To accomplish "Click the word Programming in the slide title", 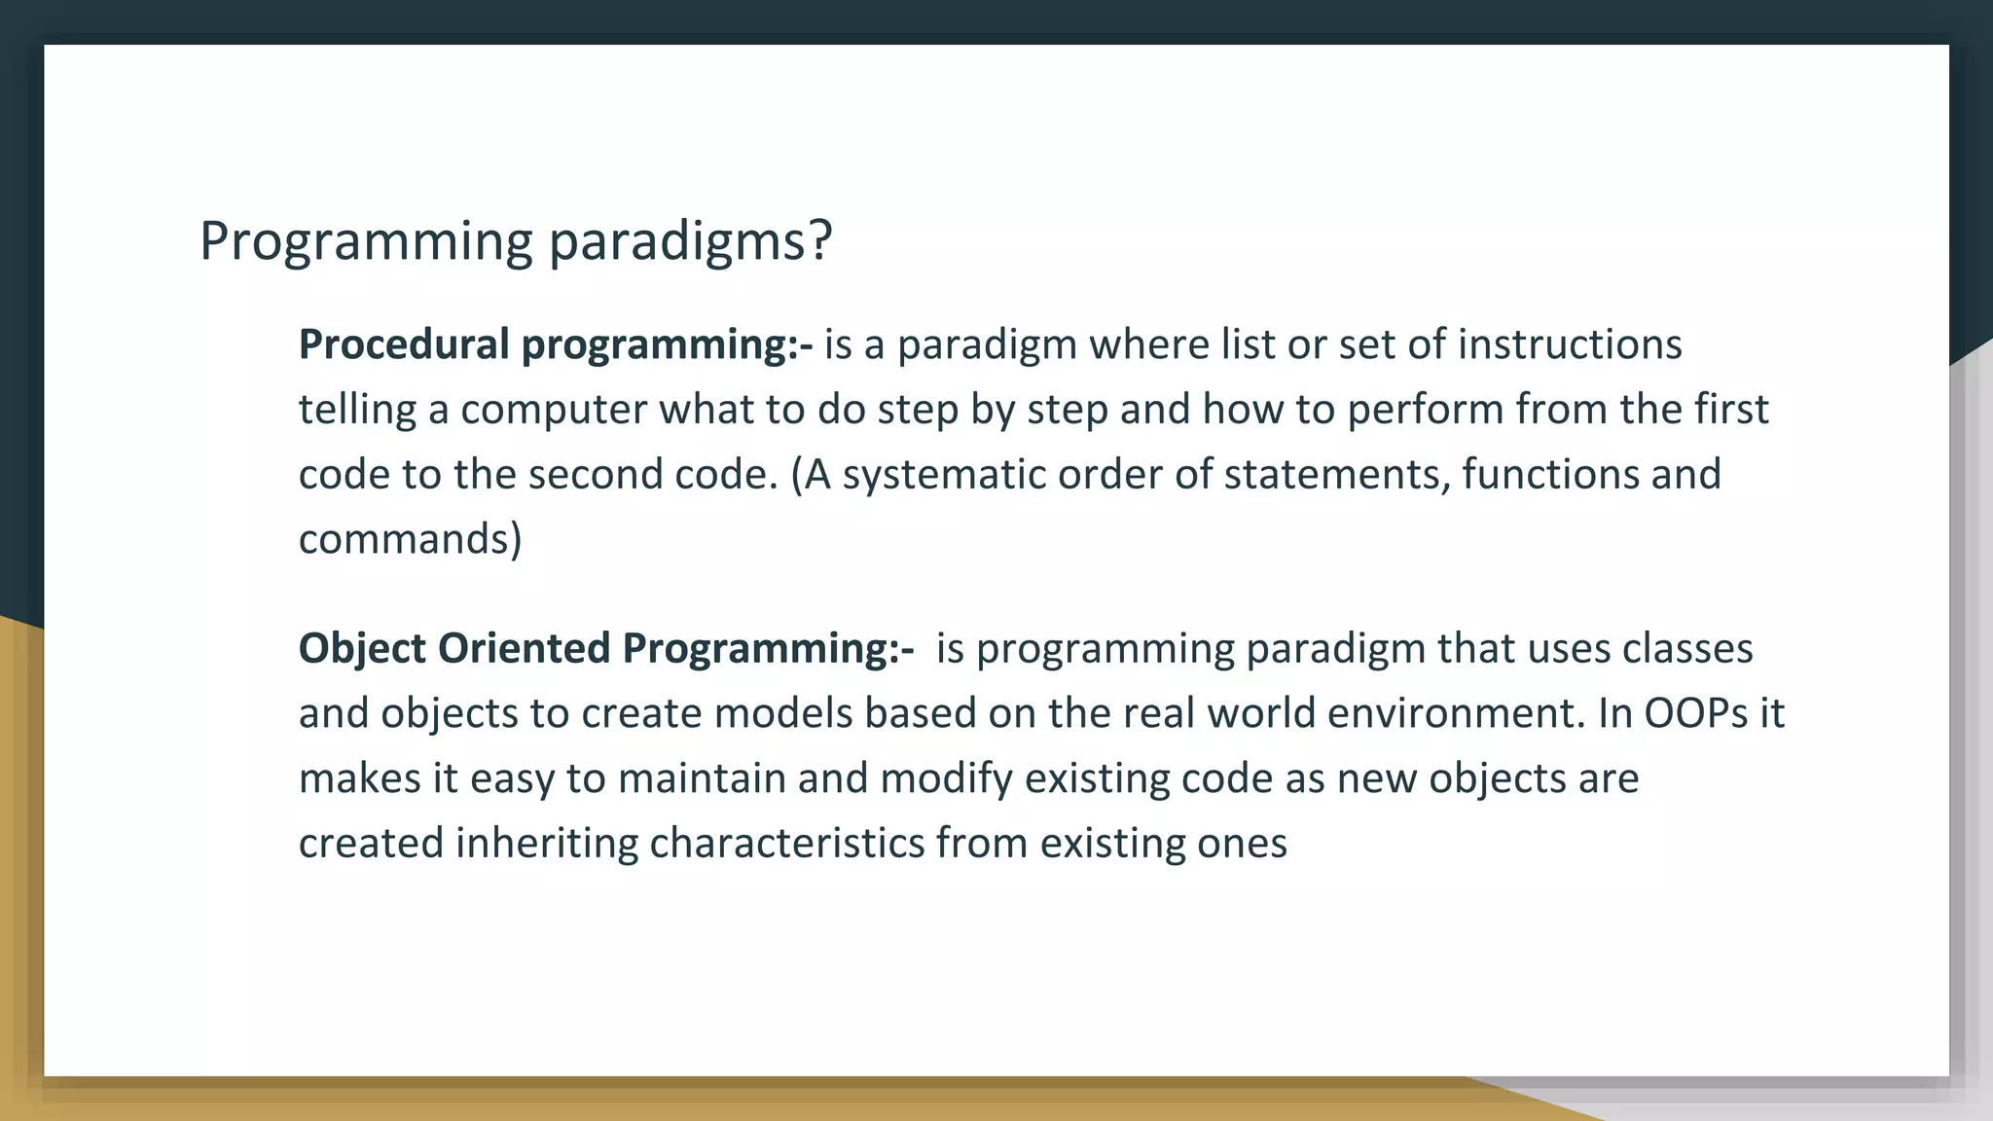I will coord(366,241).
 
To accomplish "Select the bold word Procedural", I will coord(403,344).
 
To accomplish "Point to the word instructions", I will coord(1569,344).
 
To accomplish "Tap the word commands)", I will coord(410,539).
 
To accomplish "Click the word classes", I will coord(1687,648).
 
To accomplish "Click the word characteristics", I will coord(786,843).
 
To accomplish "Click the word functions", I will coord(1535,475).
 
